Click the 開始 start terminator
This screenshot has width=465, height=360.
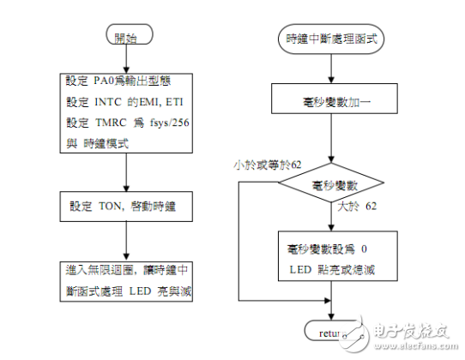tap(126, 38)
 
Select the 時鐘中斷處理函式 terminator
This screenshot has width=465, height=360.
tap(332, 39)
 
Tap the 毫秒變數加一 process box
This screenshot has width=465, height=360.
tap(330, 100)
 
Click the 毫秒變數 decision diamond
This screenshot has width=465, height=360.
tap(330, 184)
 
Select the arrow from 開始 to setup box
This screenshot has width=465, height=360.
tap(126, 60)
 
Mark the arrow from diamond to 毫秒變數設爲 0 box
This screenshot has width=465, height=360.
tap(330, 218)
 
